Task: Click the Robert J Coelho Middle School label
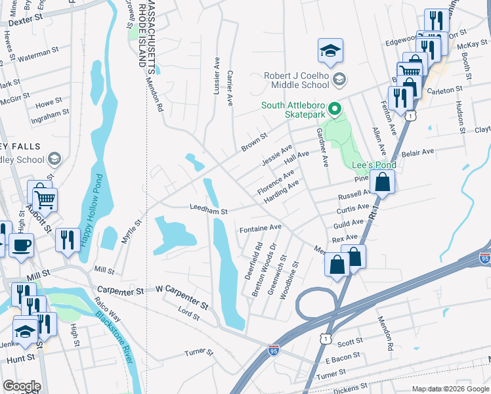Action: (x=296, y=80)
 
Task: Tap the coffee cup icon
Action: (x=21, y=246)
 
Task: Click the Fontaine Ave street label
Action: (x=260, y=228)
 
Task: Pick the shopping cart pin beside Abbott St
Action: (x=45, y=198)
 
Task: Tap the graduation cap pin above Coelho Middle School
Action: (x=330, y=50)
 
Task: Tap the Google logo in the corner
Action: (x=22, y=386)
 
